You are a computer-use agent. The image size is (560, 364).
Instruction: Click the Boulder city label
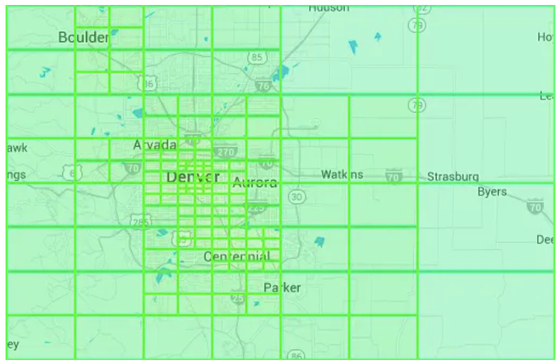click(x=83, y=37)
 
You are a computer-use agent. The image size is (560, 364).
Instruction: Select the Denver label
click(x=193, y=177)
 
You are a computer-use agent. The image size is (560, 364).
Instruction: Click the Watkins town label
click(x=342, y=175)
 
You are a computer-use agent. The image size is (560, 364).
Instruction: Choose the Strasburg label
click(x=453, y=177)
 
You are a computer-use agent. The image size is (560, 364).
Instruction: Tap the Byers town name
click(x=492, y=192)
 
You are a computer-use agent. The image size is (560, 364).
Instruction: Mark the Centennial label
click(x=237, y=257)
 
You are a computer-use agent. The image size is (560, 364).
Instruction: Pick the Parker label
click(x=282, y=287)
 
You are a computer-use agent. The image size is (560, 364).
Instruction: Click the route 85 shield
click(x=256, y=58)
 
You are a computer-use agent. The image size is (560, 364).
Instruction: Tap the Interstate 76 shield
click(x=262, y=86)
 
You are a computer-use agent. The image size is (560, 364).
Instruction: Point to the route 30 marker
click(x=297, y=197)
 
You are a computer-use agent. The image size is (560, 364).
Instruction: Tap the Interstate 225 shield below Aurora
click(x=256, y=207)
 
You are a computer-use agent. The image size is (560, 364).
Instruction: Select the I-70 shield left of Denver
click(x=132, y=168)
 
